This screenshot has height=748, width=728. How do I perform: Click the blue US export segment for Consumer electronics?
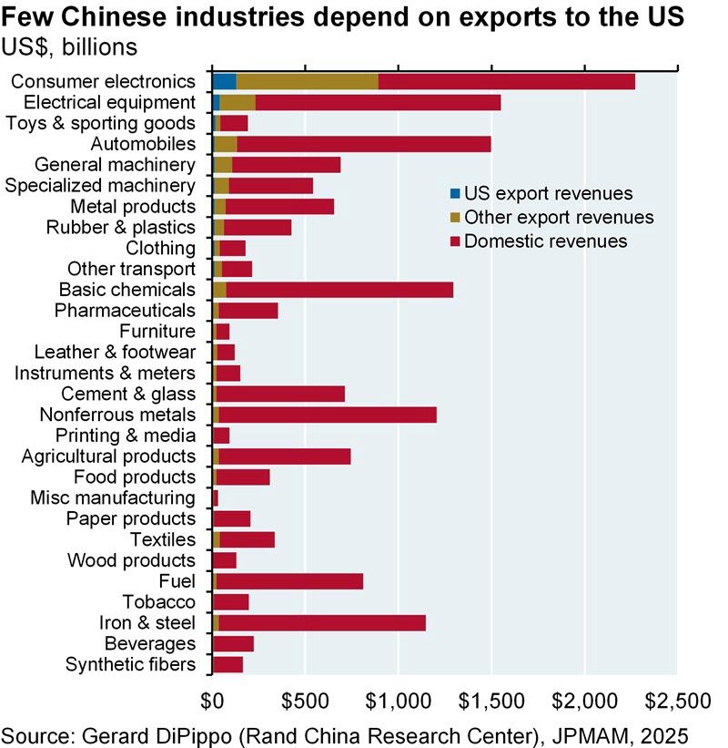pyautogui.click(x=224, y=81)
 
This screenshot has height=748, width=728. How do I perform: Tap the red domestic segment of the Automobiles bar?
pyautogui.click(x=364, y=144)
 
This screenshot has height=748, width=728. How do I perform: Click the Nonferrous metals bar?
pyautogui.click(x=328, y=415)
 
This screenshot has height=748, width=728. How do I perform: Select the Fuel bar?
pyautogui.click(x=291, y=581)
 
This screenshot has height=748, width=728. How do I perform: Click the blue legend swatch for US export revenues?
pyautogui.click(x=455, y=193)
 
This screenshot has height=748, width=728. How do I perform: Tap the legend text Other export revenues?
pyautogui.click(x=559, y=218)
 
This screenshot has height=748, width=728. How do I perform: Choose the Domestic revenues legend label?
pyautogui.click(x=545, y=241)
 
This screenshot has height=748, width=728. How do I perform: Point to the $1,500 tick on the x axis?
pyautogui.click(x=491, y=701)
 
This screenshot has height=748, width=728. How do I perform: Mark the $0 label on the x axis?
pyautogui.click(x=212, y=701)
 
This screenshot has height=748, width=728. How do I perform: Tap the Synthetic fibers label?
pyautogui.click(x=130, y=665)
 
